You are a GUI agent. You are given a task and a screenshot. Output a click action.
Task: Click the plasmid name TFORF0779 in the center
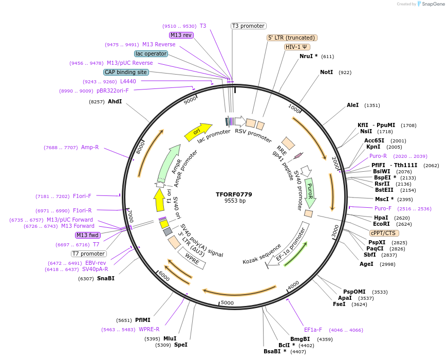(234, 194)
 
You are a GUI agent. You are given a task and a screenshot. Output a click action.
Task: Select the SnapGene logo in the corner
(429, 4)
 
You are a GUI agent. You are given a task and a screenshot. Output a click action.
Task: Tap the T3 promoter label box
(248, 26)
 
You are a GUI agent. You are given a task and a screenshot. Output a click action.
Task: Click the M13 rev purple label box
(181, 35)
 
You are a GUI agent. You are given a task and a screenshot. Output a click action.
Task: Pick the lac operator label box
(151, 53)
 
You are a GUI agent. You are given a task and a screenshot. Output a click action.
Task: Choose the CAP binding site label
(126, 72)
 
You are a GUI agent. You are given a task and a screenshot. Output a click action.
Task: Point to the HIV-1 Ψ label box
(297, 47)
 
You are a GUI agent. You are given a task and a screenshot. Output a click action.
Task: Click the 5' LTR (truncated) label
(292, 38)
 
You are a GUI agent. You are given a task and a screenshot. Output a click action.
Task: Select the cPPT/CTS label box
(383, 233)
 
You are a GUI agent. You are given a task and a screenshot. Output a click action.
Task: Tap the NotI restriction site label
(327, 73)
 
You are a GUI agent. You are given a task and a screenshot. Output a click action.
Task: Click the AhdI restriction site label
(115, 102)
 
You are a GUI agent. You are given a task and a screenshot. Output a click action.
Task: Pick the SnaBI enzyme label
(106, 279)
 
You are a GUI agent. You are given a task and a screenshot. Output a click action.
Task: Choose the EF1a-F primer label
(313, 330)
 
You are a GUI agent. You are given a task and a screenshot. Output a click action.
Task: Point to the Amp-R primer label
(90, 148)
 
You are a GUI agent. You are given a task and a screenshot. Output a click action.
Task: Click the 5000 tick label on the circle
(227, 303)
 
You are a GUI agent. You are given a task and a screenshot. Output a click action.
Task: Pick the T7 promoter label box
(89, 254)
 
